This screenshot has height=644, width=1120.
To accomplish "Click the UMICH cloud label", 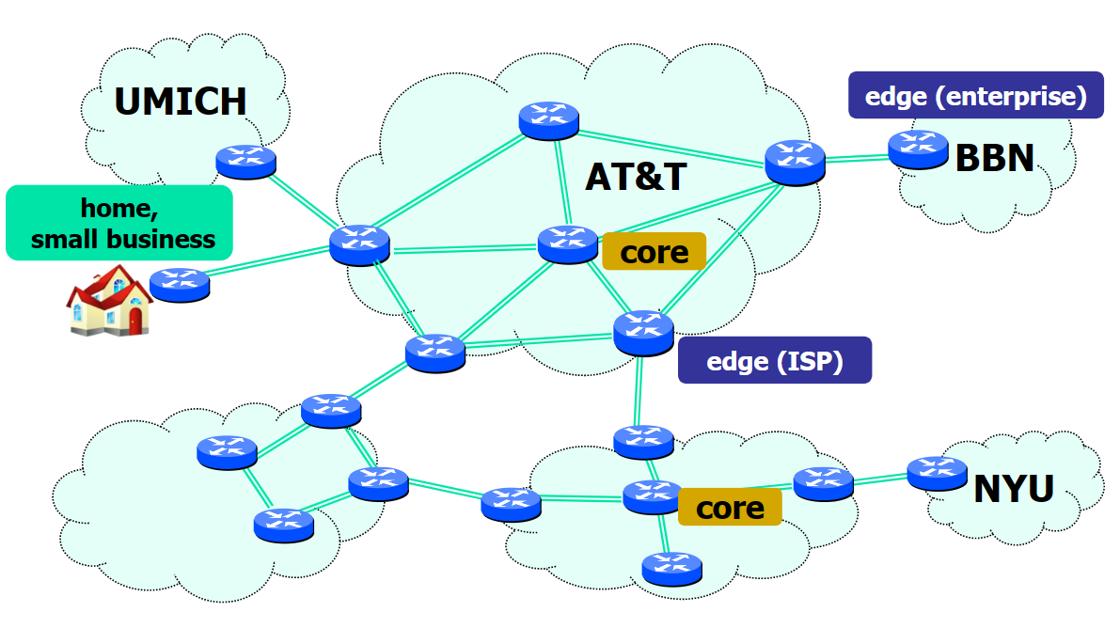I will click(x=181, y=102).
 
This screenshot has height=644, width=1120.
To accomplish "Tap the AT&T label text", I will click(x=637, y=177).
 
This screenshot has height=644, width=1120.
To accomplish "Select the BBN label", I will click(x=994, y=158).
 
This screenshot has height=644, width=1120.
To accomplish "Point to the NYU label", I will click(x=1013, y=489).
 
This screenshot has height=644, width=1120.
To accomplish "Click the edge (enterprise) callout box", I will click(x=975, y=96).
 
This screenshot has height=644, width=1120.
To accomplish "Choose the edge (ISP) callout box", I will click(x=774, y=361).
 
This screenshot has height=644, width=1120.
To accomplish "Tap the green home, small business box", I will click(x=119, y=223).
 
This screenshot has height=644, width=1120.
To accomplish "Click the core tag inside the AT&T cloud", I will click(x=654, y=252).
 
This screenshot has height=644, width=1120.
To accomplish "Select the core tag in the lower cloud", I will click(x=729, y=508).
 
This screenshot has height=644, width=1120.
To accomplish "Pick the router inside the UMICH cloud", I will click(x=245, y=161).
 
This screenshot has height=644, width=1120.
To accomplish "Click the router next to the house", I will click(x=179, y=284).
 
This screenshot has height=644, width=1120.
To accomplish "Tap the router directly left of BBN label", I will click(x=917, y=149).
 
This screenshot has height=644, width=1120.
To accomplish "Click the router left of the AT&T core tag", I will click(x=568, y=244).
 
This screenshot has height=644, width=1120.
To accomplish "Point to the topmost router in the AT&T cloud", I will click(x=548, y=121).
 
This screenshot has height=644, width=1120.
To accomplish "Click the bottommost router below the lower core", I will click(x=671, y=568).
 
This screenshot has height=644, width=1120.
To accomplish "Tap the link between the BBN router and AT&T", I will click(x=856, y=159).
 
